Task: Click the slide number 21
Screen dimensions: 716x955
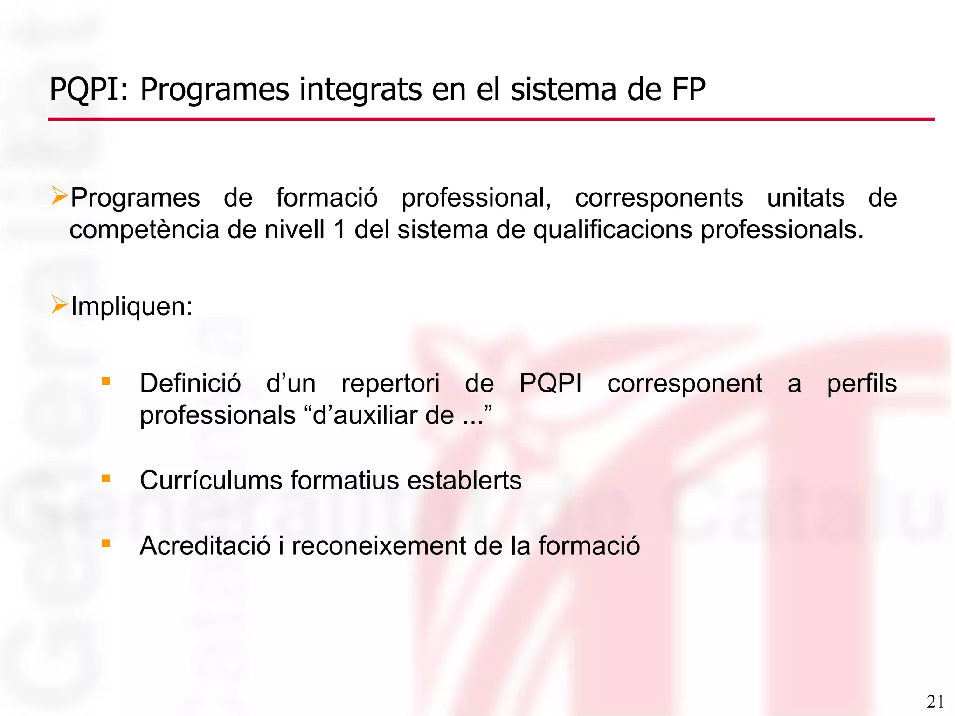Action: (x=935, y=702)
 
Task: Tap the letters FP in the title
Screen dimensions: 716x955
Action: (x=688, y=89)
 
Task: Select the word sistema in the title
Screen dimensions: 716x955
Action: (x=564, y=89)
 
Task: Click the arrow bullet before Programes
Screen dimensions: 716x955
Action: (x=60, y=196)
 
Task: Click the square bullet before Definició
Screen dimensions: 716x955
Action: (x=106, y=381)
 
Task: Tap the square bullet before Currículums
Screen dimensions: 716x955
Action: (x=106, y=478)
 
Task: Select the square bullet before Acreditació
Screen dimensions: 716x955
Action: (x=106, y=544)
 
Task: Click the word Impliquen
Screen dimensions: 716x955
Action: (x=131, y=307)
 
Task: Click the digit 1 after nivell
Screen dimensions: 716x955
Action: (x=339, y=230)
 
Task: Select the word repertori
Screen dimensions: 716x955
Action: (x=390, y=384)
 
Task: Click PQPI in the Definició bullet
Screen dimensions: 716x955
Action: (x=550, y=384)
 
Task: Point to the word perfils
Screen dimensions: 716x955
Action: (x=862, y=384)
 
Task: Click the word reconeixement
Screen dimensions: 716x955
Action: (x=378, y=546)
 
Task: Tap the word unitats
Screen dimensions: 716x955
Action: (x=805, y=198)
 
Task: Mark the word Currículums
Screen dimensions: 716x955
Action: (x=211, y=481)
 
